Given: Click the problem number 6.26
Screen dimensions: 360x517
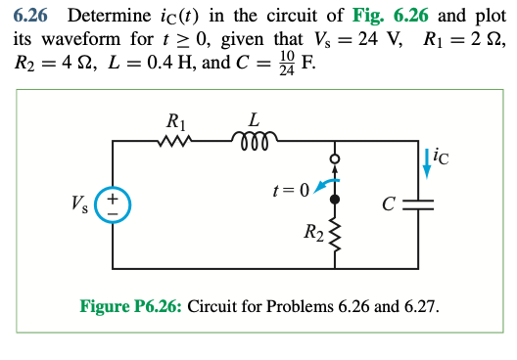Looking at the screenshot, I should click(32, 16).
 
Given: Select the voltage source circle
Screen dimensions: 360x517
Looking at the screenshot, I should click(114, 203).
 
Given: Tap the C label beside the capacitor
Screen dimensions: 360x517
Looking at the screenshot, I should click(390, 205).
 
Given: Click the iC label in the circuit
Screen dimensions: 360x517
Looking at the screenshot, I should click(442, 153).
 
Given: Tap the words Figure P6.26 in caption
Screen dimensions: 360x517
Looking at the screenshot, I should click(130, 306).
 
